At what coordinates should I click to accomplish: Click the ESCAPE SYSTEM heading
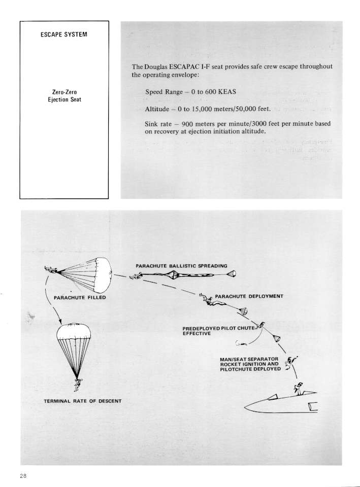[64, 34]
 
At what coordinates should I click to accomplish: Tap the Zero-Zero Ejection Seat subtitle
[64, 96]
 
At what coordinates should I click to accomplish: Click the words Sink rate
[160, 124]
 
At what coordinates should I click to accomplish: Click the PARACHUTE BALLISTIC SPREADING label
[181, 265]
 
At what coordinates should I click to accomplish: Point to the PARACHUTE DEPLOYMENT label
[249, 296]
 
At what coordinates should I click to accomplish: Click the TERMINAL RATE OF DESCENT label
[82, 402]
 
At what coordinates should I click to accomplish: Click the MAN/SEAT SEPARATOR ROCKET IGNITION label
[250, 364]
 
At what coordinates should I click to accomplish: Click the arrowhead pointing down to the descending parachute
[61, 321]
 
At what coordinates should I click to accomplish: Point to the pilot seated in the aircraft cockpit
[299, 389]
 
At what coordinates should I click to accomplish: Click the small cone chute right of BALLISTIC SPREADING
[231, 275]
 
